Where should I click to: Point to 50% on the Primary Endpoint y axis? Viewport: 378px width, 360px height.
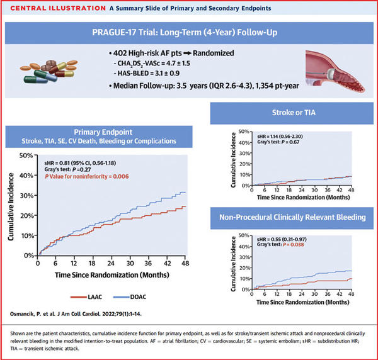[26, 155]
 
